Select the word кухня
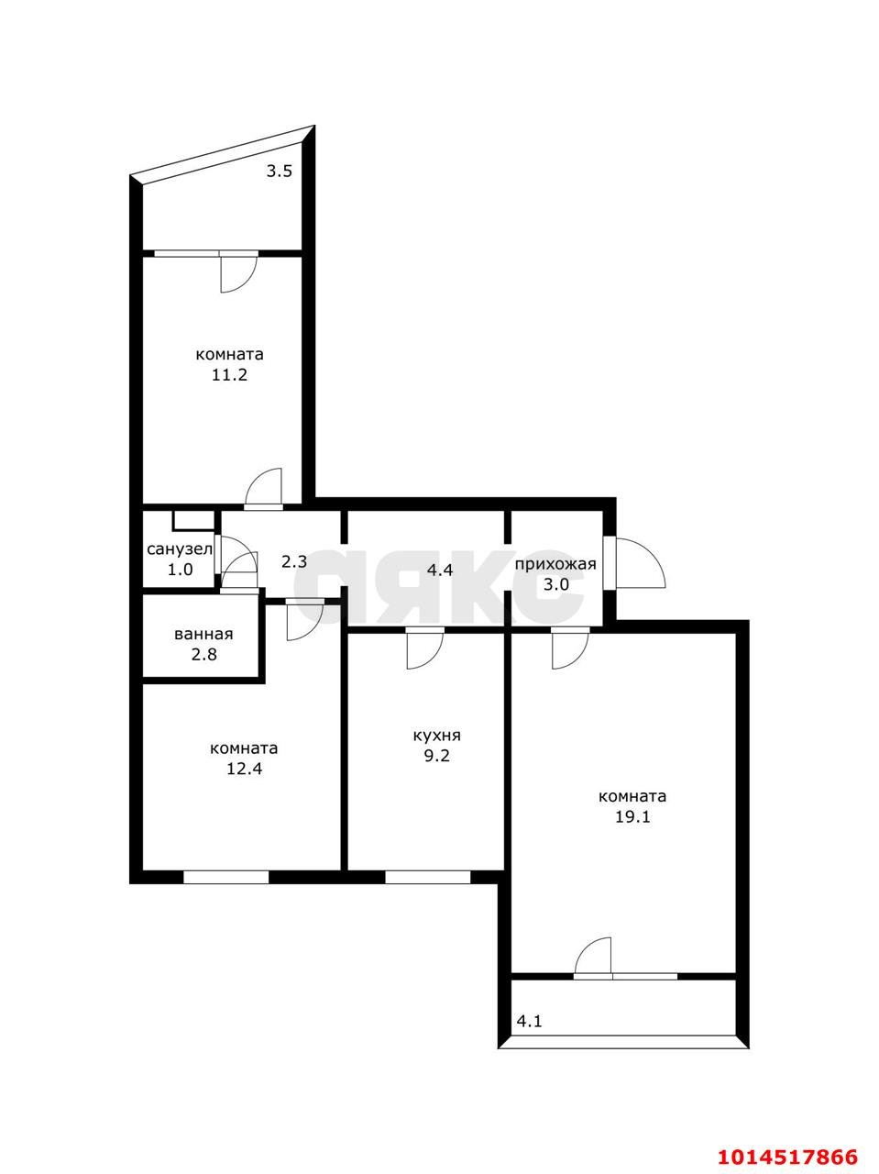436,736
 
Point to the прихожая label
555,564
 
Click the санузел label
180,548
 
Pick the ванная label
203,635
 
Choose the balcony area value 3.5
280,172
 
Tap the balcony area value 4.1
529,1021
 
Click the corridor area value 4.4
440,570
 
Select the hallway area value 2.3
294,561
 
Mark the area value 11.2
230,374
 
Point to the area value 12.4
244,769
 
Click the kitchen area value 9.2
436,756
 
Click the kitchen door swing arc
425,649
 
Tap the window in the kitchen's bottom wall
427,877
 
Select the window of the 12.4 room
225,877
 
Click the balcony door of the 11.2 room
239,272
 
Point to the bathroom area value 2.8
203,654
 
